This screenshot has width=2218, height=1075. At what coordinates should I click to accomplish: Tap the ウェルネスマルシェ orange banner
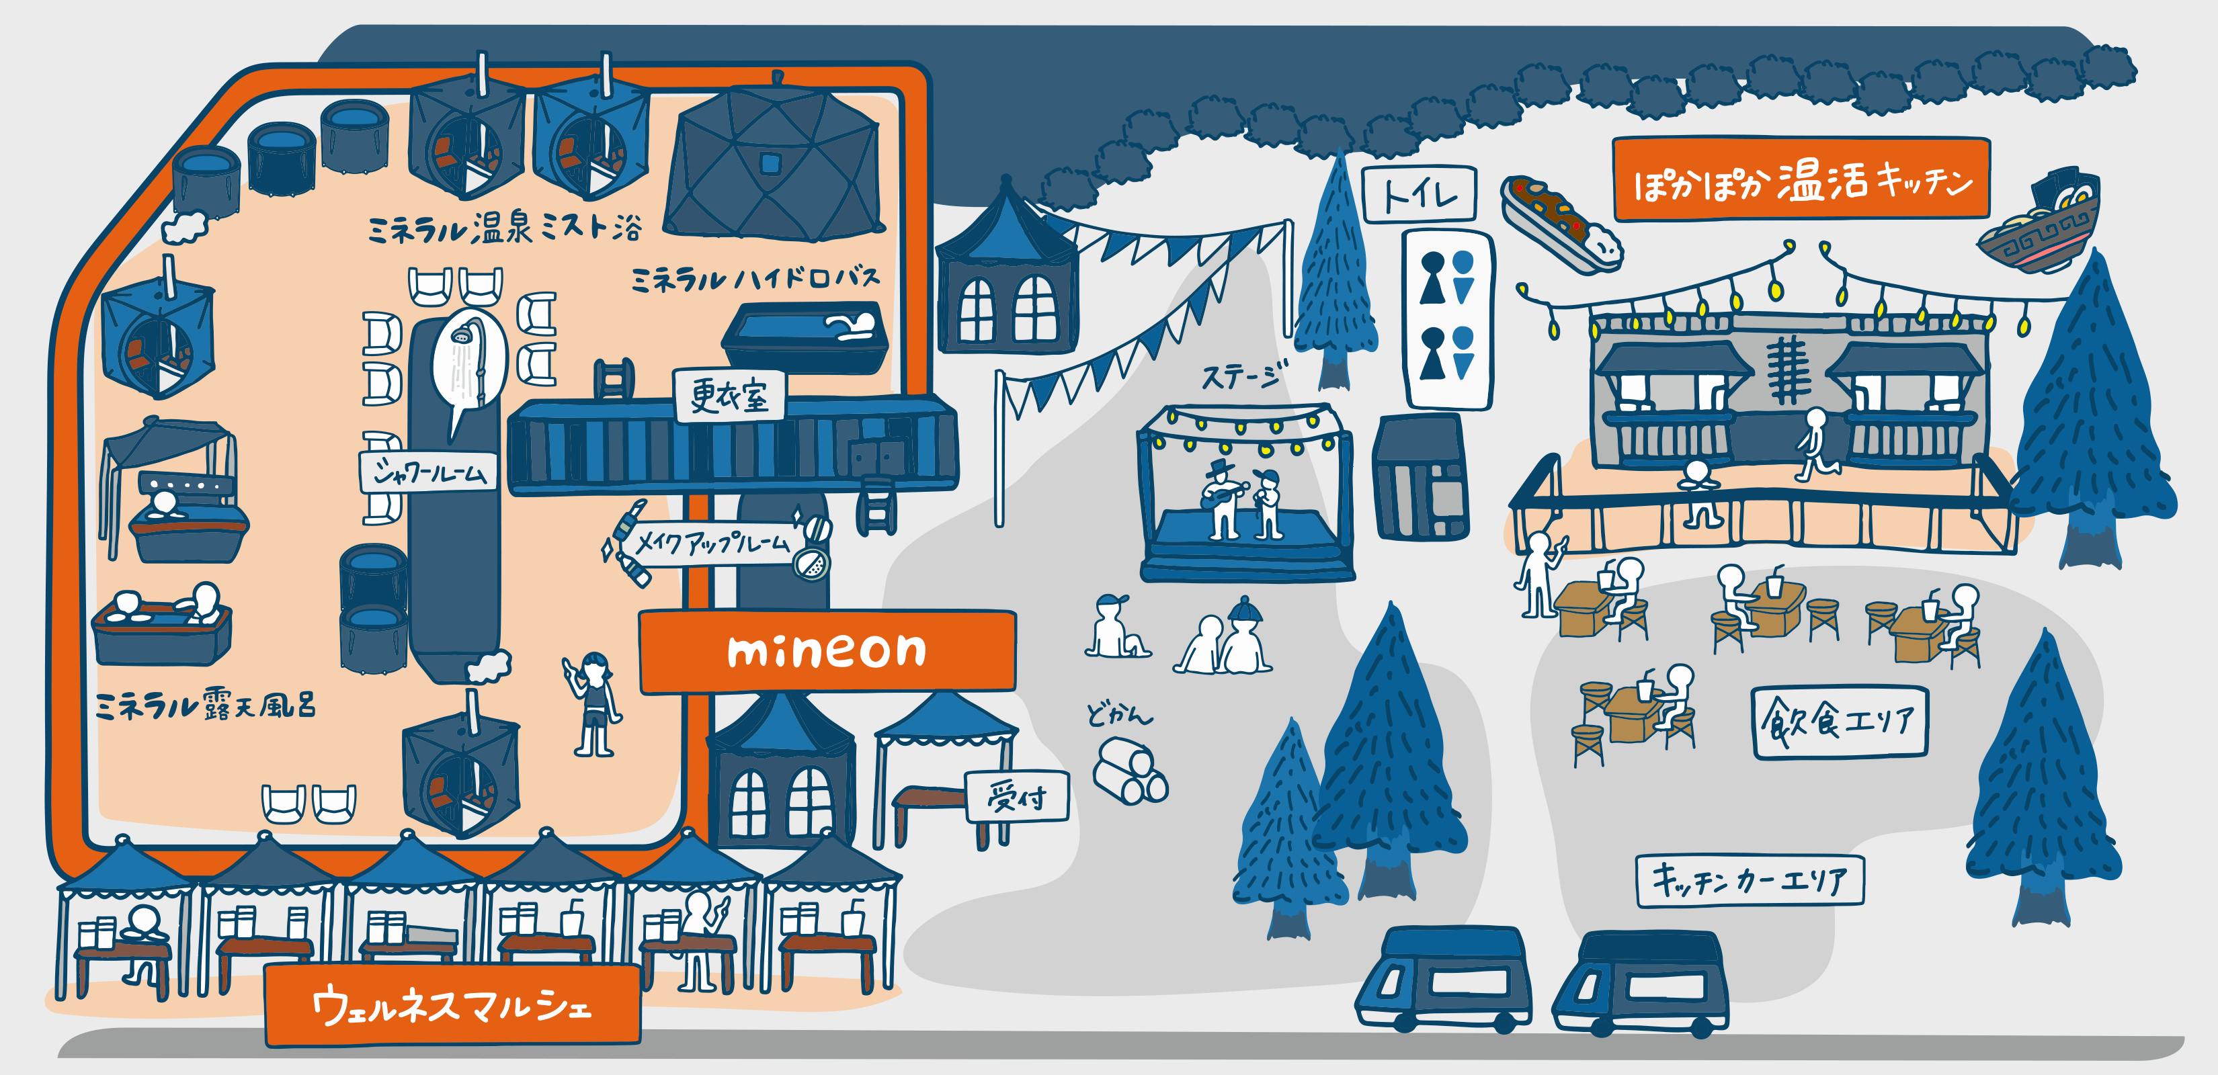453,1005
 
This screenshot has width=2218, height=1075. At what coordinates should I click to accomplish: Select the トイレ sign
1419,195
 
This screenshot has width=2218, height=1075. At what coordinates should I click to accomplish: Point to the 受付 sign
1017,796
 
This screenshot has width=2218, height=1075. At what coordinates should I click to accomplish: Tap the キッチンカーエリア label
1750,879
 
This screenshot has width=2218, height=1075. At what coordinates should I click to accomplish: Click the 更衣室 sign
729,396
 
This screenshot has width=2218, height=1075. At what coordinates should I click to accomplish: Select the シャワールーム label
428,472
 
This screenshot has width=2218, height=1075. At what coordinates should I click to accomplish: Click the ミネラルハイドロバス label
755,279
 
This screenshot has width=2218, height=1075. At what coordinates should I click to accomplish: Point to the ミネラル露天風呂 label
205,705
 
